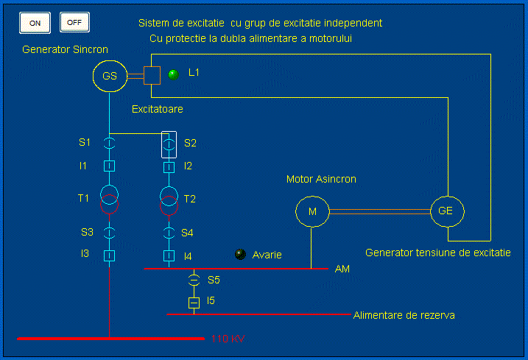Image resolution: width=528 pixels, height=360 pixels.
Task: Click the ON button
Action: (35, 23)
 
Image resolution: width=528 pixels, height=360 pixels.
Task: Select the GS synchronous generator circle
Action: (110, 76)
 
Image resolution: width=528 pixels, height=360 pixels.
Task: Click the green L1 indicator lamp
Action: (174, 74)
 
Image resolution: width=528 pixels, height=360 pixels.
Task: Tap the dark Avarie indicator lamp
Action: (240, 254)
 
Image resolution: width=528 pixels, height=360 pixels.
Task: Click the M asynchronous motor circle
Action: (312, 211)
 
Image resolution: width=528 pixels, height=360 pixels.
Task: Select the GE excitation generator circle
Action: (446, 211)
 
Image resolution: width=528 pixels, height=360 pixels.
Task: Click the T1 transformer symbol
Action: (109, 199)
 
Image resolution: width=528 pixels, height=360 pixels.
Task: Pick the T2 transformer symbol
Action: (169, 199)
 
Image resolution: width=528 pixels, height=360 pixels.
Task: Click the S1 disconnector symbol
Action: (109, 143)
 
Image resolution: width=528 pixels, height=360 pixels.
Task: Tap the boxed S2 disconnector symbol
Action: (169, 143)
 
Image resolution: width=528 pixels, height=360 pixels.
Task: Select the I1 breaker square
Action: (109, 166)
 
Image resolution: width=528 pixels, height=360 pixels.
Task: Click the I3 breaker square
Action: (109, 255)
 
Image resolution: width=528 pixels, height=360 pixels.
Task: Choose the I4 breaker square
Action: (169, 255)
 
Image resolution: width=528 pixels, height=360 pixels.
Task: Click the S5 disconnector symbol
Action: (194, 280)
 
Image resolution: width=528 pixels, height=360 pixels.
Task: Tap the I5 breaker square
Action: (194, 302)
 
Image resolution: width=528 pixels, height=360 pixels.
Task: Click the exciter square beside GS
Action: (152, 75)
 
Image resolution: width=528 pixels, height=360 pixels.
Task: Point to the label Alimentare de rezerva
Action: (404, 315)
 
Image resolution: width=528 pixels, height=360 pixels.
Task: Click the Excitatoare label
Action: (158, 109)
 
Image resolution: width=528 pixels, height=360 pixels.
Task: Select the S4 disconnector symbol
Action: (169, 233)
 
